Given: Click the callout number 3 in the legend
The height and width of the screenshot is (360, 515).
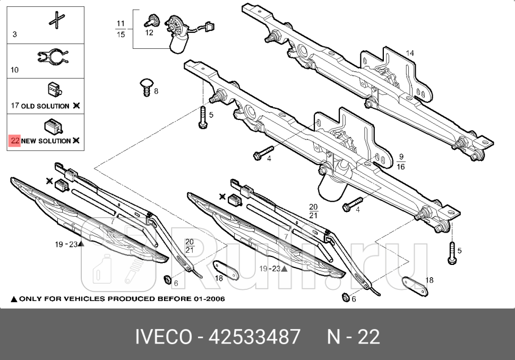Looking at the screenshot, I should coord(14,35).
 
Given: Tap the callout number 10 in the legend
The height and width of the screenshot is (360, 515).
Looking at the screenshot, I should coord(14,70).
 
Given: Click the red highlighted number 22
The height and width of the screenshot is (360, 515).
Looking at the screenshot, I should coord(14,141).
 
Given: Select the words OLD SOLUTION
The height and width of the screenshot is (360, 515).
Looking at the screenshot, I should coord(45,106).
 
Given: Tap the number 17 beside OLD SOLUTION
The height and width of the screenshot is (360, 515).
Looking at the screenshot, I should coord(15,106).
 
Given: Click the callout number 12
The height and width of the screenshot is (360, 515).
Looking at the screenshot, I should coord(149,33).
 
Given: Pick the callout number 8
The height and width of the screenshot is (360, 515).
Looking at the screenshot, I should coord(156,91).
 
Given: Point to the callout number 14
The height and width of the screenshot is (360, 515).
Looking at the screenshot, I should coord(410,53).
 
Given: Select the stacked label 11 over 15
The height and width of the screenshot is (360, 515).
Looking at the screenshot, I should coord(121,29).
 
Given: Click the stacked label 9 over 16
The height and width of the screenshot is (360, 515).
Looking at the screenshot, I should coord(401,161).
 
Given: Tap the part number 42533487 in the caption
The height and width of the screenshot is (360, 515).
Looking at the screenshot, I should coord(255,337).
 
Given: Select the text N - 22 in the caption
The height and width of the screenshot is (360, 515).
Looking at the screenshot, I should coord(353,337).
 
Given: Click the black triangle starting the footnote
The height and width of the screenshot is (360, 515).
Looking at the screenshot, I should coord(14,299).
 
